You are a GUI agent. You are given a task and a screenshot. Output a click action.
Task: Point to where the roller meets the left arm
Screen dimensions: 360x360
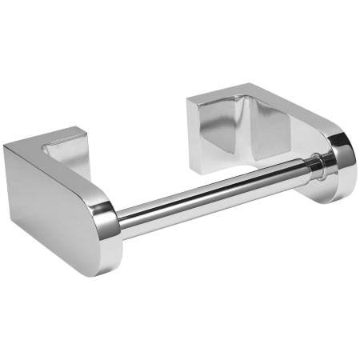[x=122, y=220]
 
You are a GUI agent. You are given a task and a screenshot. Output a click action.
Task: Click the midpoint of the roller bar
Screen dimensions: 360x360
[x=216, y=192]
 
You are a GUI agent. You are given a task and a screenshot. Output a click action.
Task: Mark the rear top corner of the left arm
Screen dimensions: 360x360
[x=6, y=147]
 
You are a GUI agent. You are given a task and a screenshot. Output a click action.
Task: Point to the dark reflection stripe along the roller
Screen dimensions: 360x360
[x=216, y=199]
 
